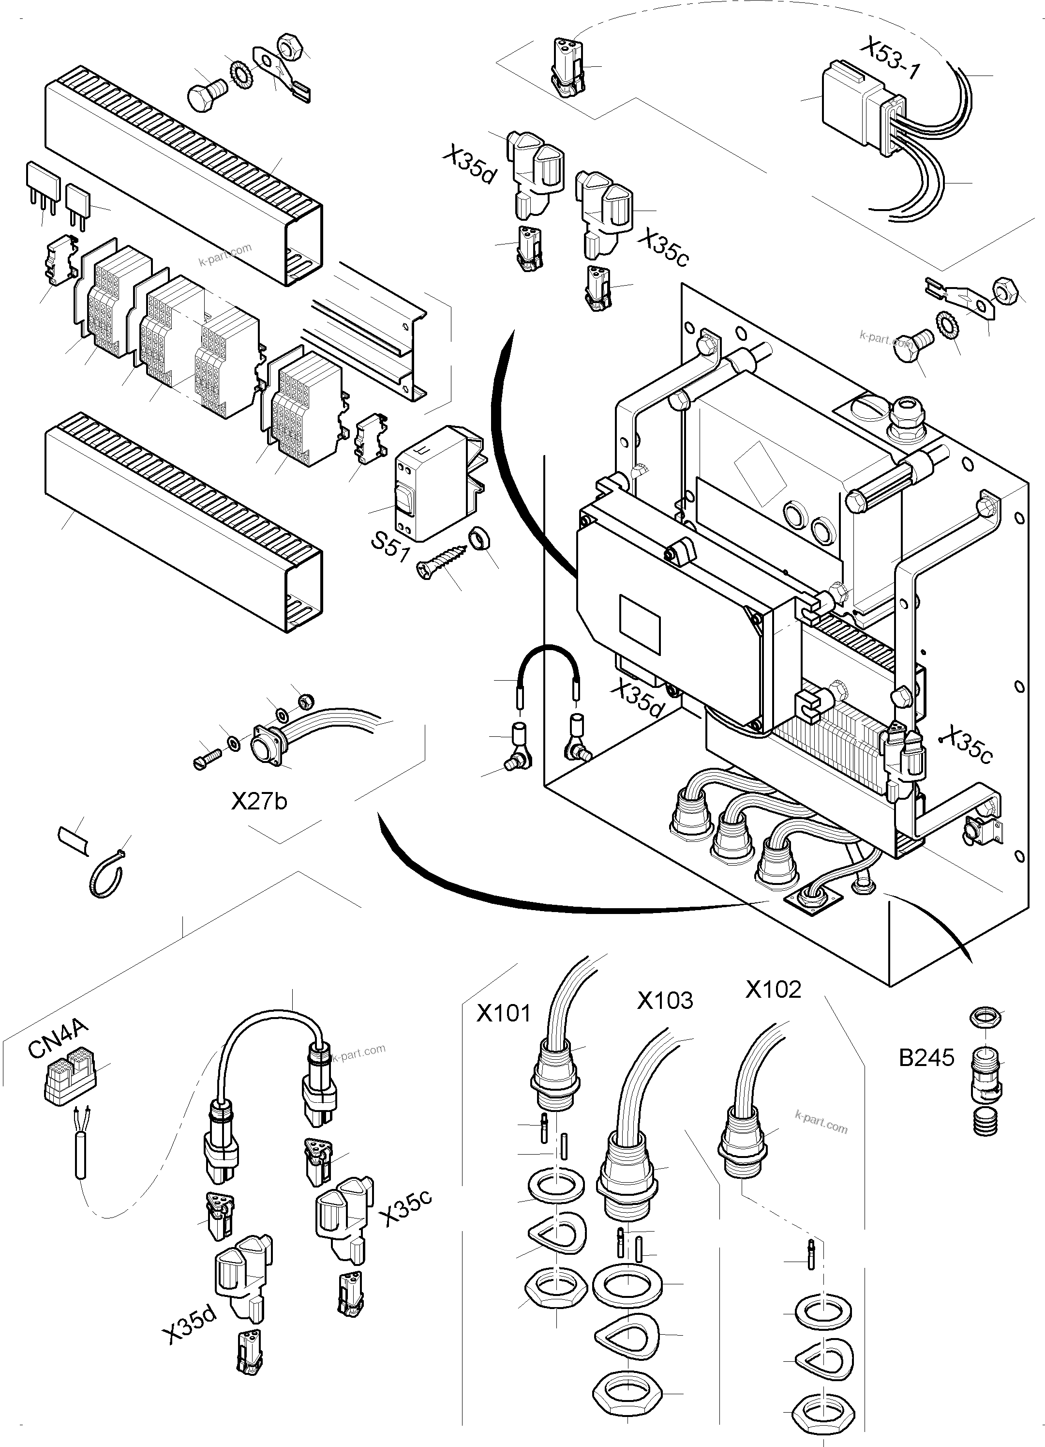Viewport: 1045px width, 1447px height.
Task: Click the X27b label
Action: point(259,801)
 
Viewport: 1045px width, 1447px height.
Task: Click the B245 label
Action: point(926,1058)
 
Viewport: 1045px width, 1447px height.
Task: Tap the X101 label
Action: point(504,1013)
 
